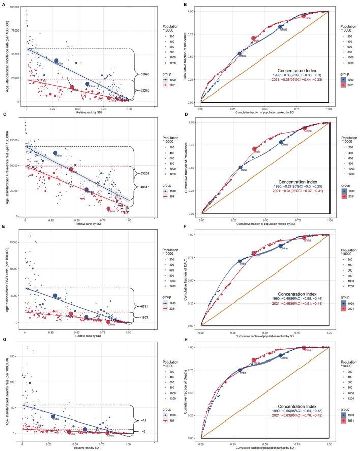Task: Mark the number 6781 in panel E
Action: [x=144, y=292]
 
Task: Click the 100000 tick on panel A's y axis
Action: [x=14, y=10]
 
